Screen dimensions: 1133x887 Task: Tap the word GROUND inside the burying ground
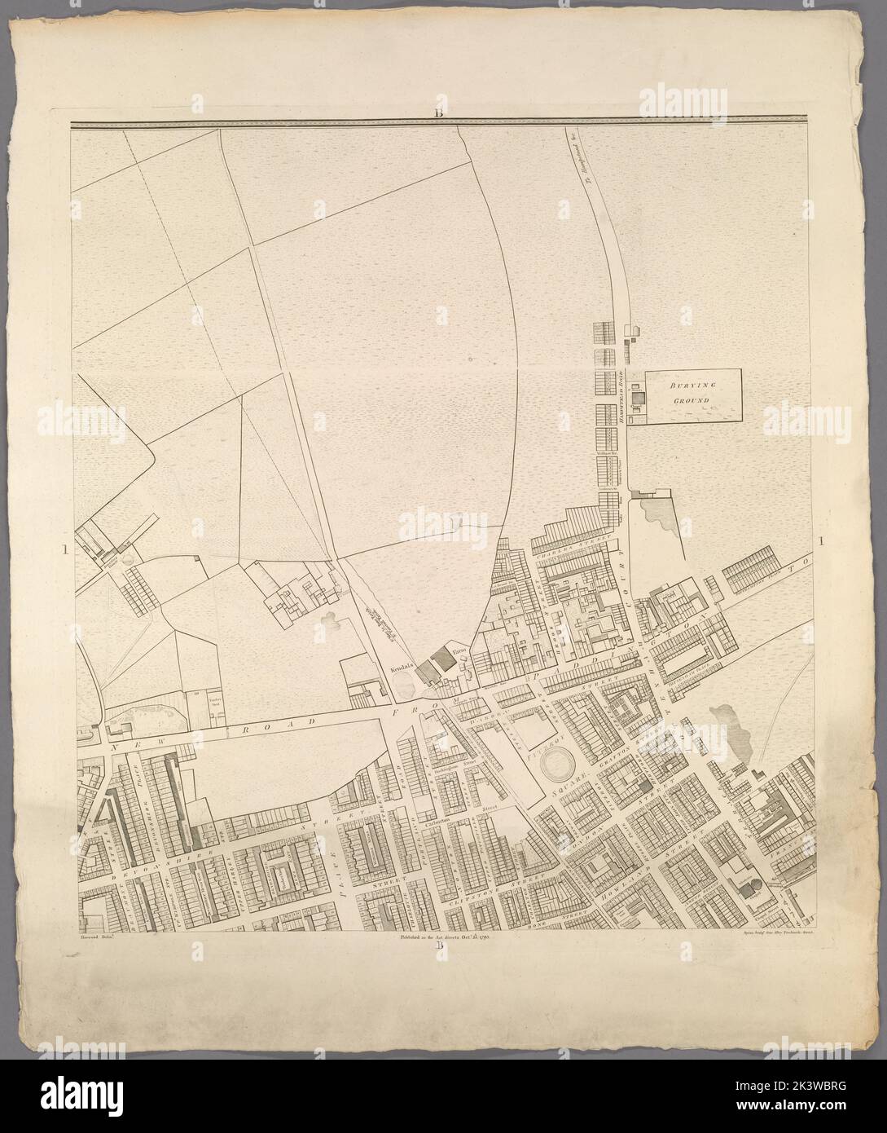click(x=694, y=401)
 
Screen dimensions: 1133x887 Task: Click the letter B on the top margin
click(x=438, y=113)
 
